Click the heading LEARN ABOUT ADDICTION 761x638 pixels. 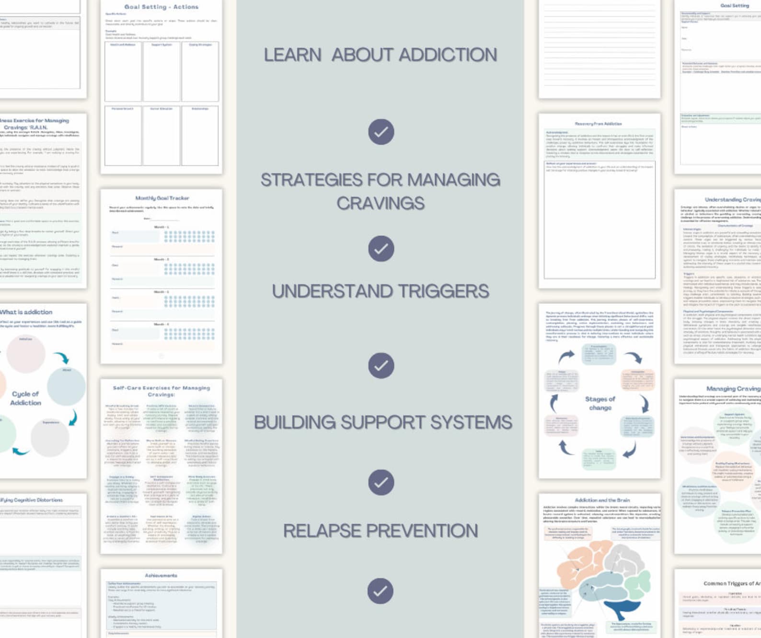pyautogui.click(x=380, y=55)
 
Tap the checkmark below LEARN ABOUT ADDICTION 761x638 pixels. pyautogui.click(x=381, y=132)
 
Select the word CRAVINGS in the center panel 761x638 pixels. pyautogui.click(x=380, y=203)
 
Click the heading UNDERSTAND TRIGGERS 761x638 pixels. pyautogui.click(x=380, y=291)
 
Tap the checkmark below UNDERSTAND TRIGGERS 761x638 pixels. pyautogui.click(x=381, y=366)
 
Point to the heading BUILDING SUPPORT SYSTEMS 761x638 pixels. pyautogui.click(x=383, y=422)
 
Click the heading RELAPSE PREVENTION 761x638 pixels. pyautogui.click(x=380, y=531)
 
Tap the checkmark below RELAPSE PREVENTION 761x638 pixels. pyautogui.click(x=380, y=591)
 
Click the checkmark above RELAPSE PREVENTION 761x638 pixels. pyautogui.click(x=381, y=482)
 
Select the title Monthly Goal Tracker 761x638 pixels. pyautogui.click(x=162, y=198)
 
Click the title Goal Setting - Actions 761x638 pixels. pyautogui.click(x=161, y=7)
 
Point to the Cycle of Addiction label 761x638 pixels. pyautogui.click(x=26, y=398)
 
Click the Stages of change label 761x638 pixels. pyautogui.click(x=600, y=403)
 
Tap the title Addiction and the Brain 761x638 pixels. pyautogui.click(x=602, y=500)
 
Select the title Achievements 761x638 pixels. pyautogui.click(x=161, y=575)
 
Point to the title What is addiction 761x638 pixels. pyautogui.click(x=26, y=312)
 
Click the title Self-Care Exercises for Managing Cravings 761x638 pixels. pyautogui.click(x=161, y=391)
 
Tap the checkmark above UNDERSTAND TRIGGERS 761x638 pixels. pyautogui.click(x=381, y=249)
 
